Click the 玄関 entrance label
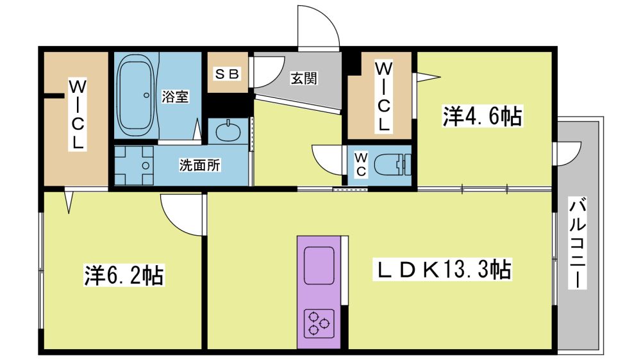pos(304,78)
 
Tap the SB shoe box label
pos(228,74)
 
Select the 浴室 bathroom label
pos(175,97)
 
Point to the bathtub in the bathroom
pos(137,97)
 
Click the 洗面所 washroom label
pos(199,165)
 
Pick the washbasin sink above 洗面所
pos(228,131)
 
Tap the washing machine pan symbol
pos(134,165)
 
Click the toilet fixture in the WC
pos(392,165)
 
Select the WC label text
pos(360,164)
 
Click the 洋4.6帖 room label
pos(483,117)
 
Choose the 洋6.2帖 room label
pos(124,275)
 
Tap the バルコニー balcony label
pos(578,243)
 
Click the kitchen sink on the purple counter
pos(319,266)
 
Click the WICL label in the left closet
pos(77,115)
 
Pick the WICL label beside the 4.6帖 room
pos(383,97)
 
